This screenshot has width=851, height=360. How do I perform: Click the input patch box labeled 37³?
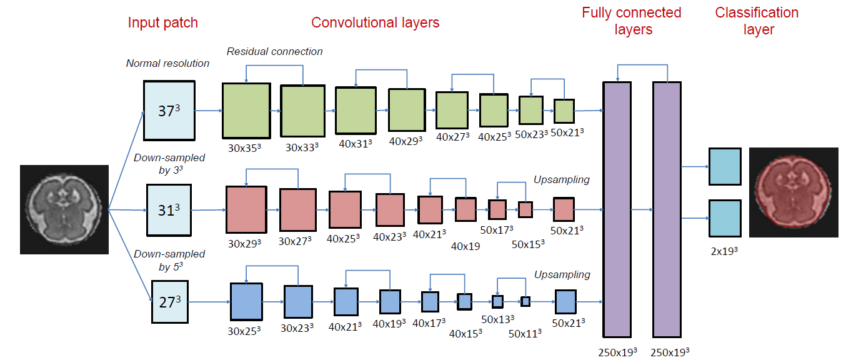[x=169, y=111]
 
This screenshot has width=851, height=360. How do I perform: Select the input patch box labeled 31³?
[x=169, y=210]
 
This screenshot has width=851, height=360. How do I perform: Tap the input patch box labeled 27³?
[x=169, y=302]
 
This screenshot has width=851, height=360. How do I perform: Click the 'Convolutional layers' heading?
[x=375, y=23]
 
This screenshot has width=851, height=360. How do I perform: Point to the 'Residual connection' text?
[x=274, y=51]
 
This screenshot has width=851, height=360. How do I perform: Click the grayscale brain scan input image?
[x=64, y=209]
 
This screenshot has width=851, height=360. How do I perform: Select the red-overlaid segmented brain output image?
[x=793, y=192]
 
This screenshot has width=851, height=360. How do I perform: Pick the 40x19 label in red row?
[x=465, y=246]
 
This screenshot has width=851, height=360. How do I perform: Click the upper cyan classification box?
[x=725, y=166]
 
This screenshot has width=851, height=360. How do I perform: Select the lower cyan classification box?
[x=725, y=218]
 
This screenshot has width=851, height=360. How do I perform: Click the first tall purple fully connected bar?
[x=617, y=209]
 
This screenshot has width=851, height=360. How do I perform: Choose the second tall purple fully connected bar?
[x=667, y=209]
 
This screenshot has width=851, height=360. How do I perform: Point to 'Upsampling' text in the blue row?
[x=562, y=274]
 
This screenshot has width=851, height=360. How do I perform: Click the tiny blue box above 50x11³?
[x=525, y=301]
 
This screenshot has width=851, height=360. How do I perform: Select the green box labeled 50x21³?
[x=564, y=111]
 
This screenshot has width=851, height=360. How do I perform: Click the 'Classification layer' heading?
[x=757, y=21]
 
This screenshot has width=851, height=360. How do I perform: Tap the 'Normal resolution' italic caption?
[x=167, y=63]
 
